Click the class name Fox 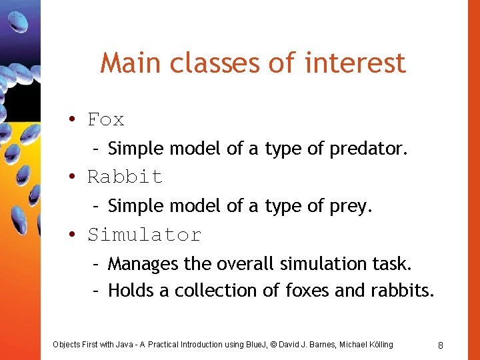(106, 120)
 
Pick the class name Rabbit (125, 177)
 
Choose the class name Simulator (144, 235)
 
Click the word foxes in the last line (309, 291)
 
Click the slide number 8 (441, 345)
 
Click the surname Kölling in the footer (378, 345)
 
